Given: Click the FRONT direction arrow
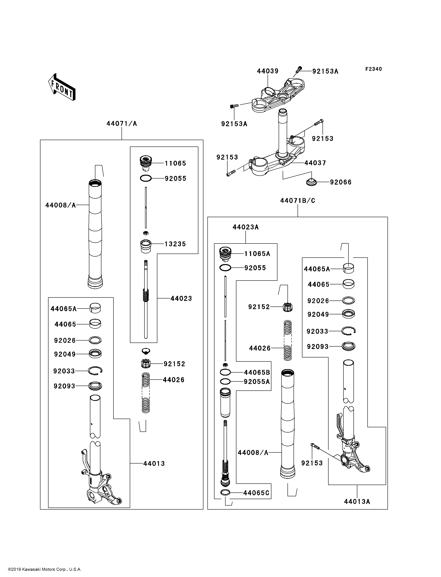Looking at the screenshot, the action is point(62,87).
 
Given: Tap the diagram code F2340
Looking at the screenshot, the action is point(374,69).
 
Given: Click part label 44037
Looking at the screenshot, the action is point(315,163).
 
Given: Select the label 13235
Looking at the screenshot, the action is point(175,244).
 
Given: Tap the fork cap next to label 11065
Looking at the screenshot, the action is point(146,163).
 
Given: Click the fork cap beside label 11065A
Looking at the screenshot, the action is point(225,254).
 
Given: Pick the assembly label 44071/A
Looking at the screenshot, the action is point(122,123).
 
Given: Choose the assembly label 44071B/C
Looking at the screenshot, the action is point(298,200).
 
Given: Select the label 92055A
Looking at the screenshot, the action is point(257,382).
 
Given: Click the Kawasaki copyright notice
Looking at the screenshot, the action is point(45,569).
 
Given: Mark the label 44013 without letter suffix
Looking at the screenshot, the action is point(154,463).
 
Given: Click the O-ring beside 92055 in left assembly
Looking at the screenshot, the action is point(146,178).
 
